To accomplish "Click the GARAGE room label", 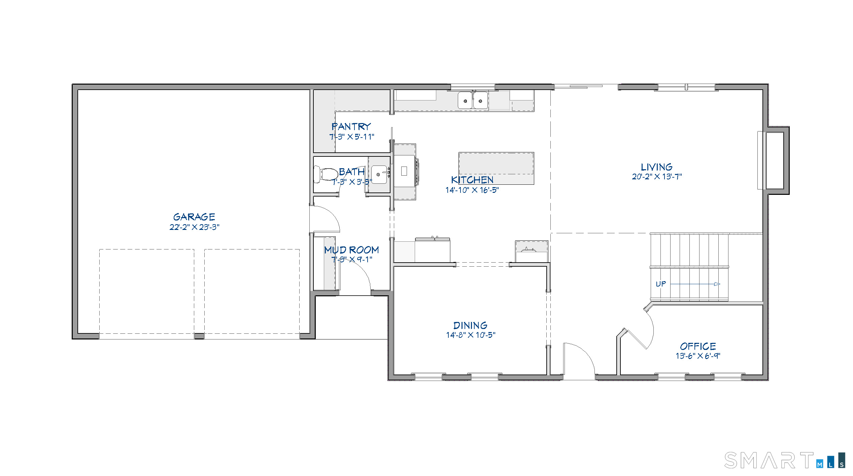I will pos(194,217).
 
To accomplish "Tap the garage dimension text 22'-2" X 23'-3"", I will pos(194,227).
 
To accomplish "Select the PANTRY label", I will pos(351,127).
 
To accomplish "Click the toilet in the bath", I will pos(326,175).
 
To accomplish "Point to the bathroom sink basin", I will pos(379,174).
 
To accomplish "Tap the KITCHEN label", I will pos(472,180).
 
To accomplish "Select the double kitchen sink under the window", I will pos(473,100).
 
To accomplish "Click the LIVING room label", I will pos(656,167).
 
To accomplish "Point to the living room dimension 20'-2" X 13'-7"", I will pos(656,177).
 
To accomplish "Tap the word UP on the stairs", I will pos(660,284).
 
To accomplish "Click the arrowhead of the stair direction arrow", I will pos(717,284).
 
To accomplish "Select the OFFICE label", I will pos(698,346).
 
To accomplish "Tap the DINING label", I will pos(470,325).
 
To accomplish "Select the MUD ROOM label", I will pos(351,250).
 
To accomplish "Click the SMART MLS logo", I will pos(784,460).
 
